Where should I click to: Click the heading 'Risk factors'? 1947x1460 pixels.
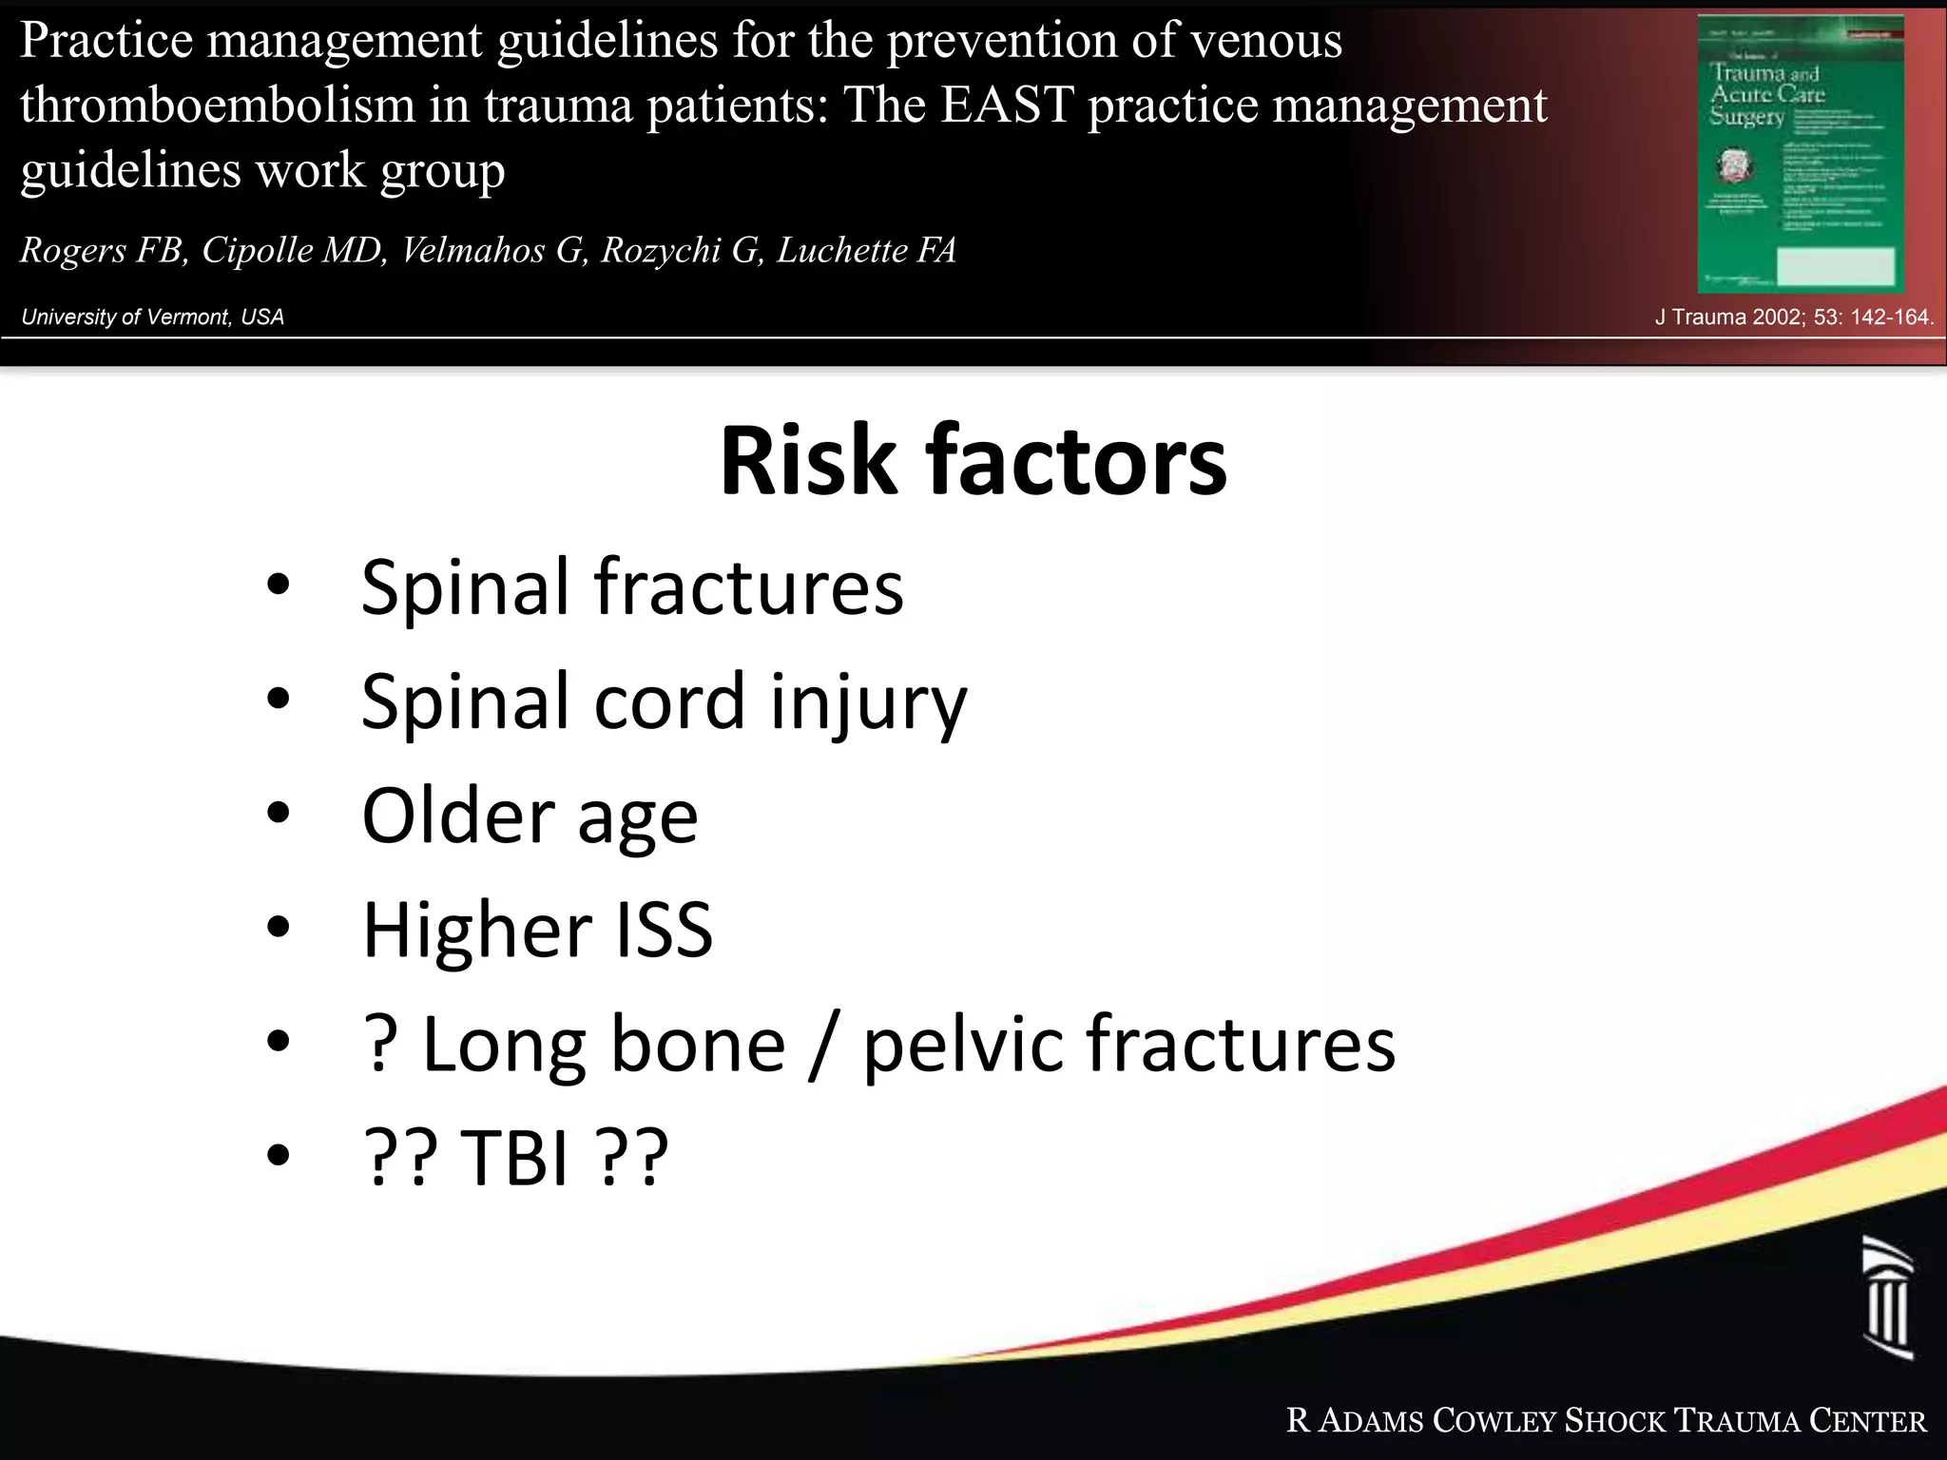tap(973, 462)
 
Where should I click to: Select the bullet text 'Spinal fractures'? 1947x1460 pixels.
tap(632, 587)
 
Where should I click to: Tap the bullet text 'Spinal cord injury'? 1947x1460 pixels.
tap(664, 701)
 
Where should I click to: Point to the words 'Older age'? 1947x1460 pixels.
tap(530, 816)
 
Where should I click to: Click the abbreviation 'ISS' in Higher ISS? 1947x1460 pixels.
tap(664, 930)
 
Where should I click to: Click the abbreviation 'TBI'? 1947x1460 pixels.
tap(514, 1158)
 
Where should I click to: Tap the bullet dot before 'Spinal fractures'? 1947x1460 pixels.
tap(278, 586)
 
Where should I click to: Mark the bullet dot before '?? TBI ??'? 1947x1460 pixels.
tap(278, 1156)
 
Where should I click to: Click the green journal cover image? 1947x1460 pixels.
tap(1801, 155)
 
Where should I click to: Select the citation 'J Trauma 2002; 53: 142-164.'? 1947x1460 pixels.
tap(1794, 317)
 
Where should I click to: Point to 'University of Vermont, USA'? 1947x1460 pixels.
tap(152, 317)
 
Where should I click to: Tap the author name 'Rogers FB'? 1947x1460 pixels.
tap(102, 250)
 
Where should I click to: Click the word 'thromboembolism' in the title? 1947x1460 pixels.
tap(218, 105)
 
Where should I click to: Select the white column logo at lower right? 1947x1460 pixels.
tap(1887, 1297)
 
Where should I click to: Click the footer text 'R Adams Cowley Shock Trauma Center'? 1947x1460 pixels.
tap(1606, 1421)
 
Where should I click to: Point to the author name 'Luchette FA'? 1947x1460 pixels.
tap(866, 250)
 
